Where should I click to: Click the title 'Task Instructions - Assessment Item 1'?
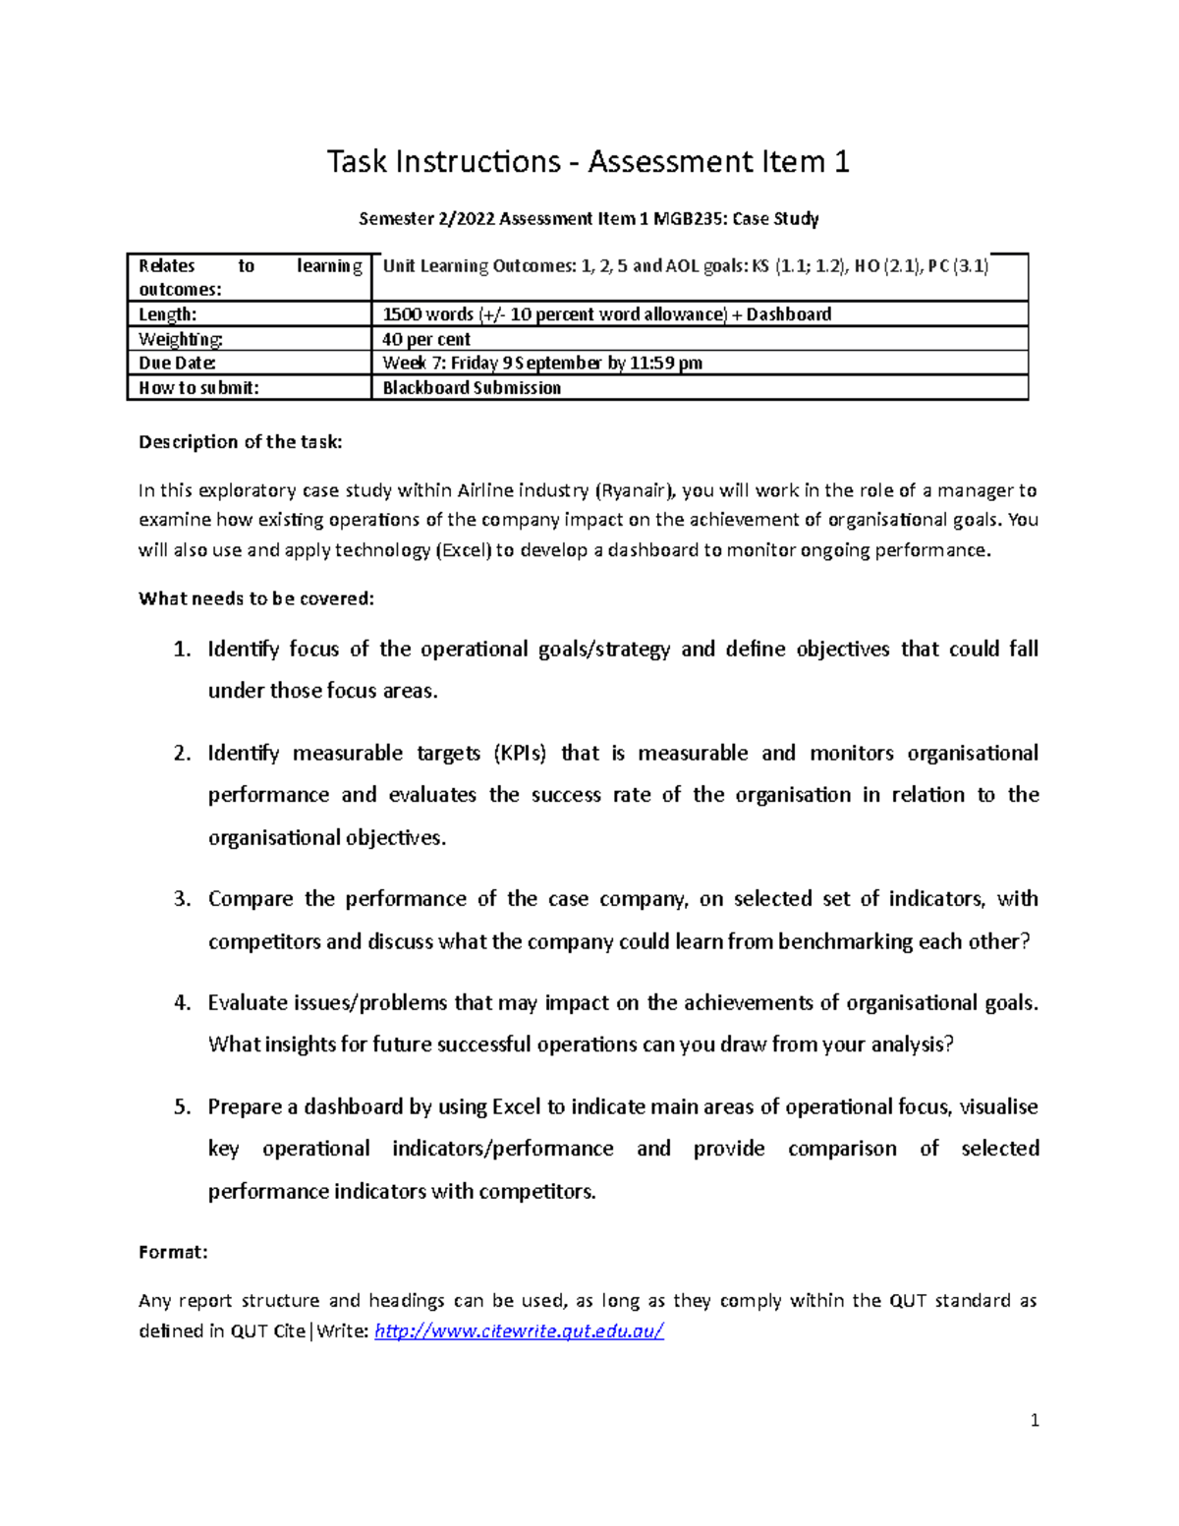point(588,162)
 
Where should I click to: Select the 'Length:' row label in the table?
point(168,314)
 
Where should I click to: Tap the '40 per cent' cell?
point(426,339)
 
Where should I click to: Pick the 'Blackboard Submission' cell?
point(472,388)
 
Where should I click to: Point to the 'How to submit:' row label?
point(198,388)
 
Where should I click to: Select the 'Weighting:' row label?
point(181,339)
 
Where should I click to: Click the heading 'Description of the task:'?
point(241,442)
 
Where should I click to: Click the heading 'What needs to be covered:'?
point(256,598)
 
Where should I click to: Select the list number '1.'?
point(182,650)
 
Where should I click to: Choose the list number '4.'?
point(182,1003)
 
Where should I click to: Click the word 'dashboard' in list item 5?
point(353,1107)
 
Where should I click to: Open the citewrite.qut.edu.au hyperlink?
point(520,1331)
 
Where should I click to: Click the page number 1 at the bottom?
point(1035,1420)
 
